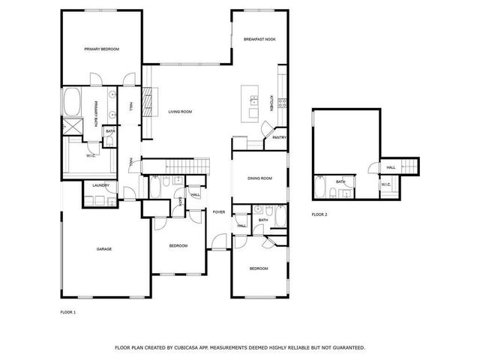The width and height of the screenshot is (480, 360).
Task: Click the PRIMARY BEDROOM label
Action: [101, 49]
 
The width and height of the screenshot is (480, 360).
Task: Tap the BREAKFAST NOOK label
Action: [259, 40]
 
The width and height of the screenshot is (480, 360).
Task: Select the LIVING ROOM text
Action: [180, 112]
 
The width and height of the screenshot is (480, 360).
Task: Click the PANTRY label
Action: [279, 137]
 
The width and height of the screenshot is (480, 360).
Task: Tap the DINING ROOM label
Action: [259, 178]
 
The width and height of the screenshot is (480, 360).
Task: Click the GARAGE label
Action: [103, 248]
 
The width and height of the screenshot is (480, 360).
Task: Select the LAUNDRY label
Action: [101, 185]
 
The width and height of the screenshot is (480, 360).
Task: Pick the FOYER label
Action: [218, 212]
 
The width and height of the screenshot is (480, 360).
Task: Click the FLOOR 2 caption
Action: [319, 214]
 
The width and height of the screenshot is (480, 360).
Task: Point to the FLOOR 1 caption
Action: [67, 311]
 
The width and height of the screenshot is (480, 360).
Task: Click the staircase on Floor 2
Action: [411, 166]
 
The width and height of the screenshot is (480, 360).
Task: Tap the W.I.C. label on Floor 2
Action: [385, 184]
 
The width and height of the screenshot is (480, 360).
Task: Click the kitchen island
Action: [247, 103]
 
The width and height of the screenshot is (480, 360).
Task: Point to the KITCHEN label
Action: [271, 103]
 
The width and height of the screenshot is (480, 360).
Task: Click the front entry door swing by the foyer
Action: [219, 241]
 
